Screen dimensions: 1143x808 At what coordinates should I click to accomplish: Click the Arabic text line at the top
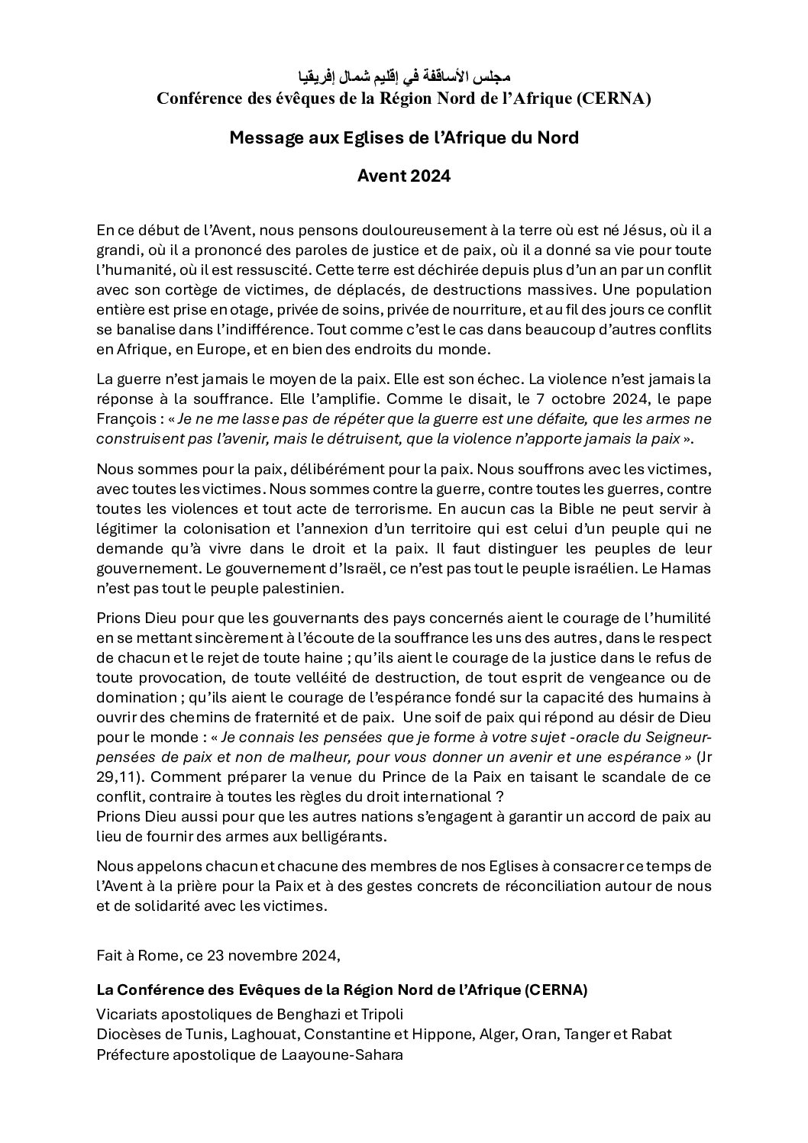404,79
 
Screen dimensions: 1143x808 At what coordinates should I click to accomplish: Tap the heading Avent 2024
404,176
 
